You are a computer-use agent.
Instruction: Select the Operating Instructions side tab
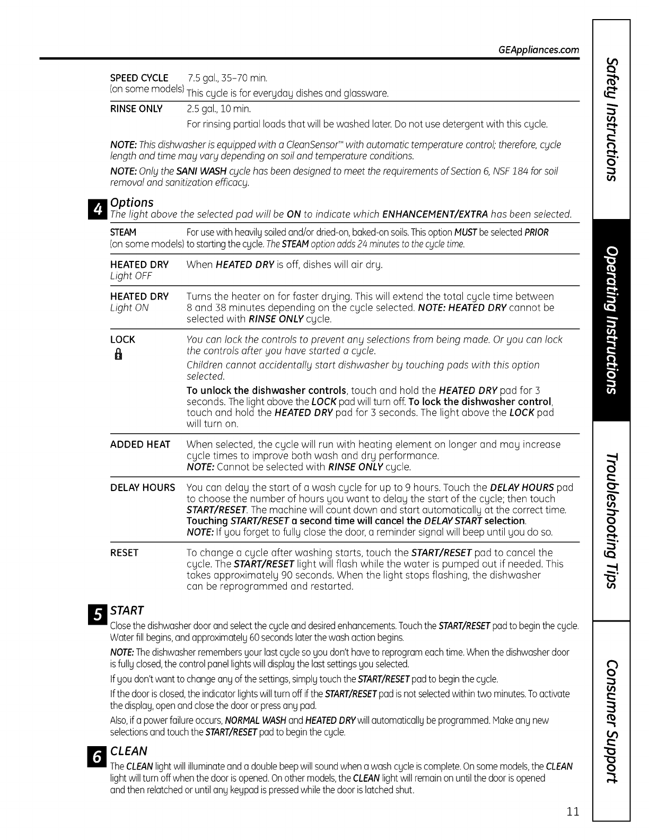click(x=611, y=320)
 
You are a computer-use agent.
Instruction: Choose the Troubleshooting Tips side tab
click(x=611, y=521)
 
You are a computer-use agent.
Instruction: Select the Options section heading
click(x=131, y=202)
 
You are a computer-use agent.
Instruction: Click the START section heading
click(x=127, y=610)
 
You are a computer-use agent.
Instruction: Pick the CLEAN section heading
click(x=129, y=751)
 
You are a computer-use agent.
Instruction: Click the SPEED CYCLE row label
click(x=139, y=78)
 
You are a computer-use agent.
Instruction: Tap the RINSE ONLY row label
click(x=136, y=109)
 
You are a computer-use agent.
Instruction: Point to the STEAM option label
click(x=123, y=232)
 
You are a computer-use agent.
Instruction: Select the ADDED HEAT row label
click(x=140, y=444)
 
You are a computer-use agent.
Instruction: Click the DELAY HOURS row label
click(x=142, y=487)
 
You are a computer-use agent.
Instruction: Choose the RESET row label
click(x=124, y=553)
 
